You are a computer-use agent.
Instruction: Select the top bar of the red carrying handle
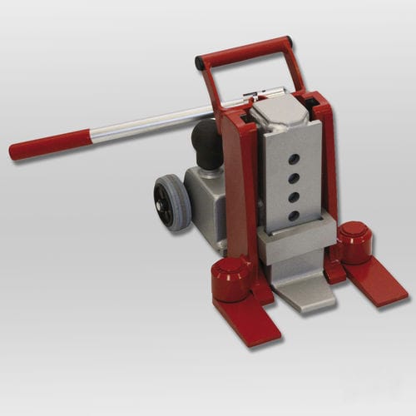click(245, 49)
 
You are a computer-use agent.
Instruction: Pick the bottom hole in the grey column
click(294, 215)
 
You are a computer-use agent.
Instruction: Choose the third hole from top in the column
click(295, 197)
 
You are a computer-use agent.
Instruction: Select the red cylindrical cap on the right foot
click(354, 240)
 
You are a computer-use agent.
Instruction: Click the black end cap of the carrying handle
click(201, 62)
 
